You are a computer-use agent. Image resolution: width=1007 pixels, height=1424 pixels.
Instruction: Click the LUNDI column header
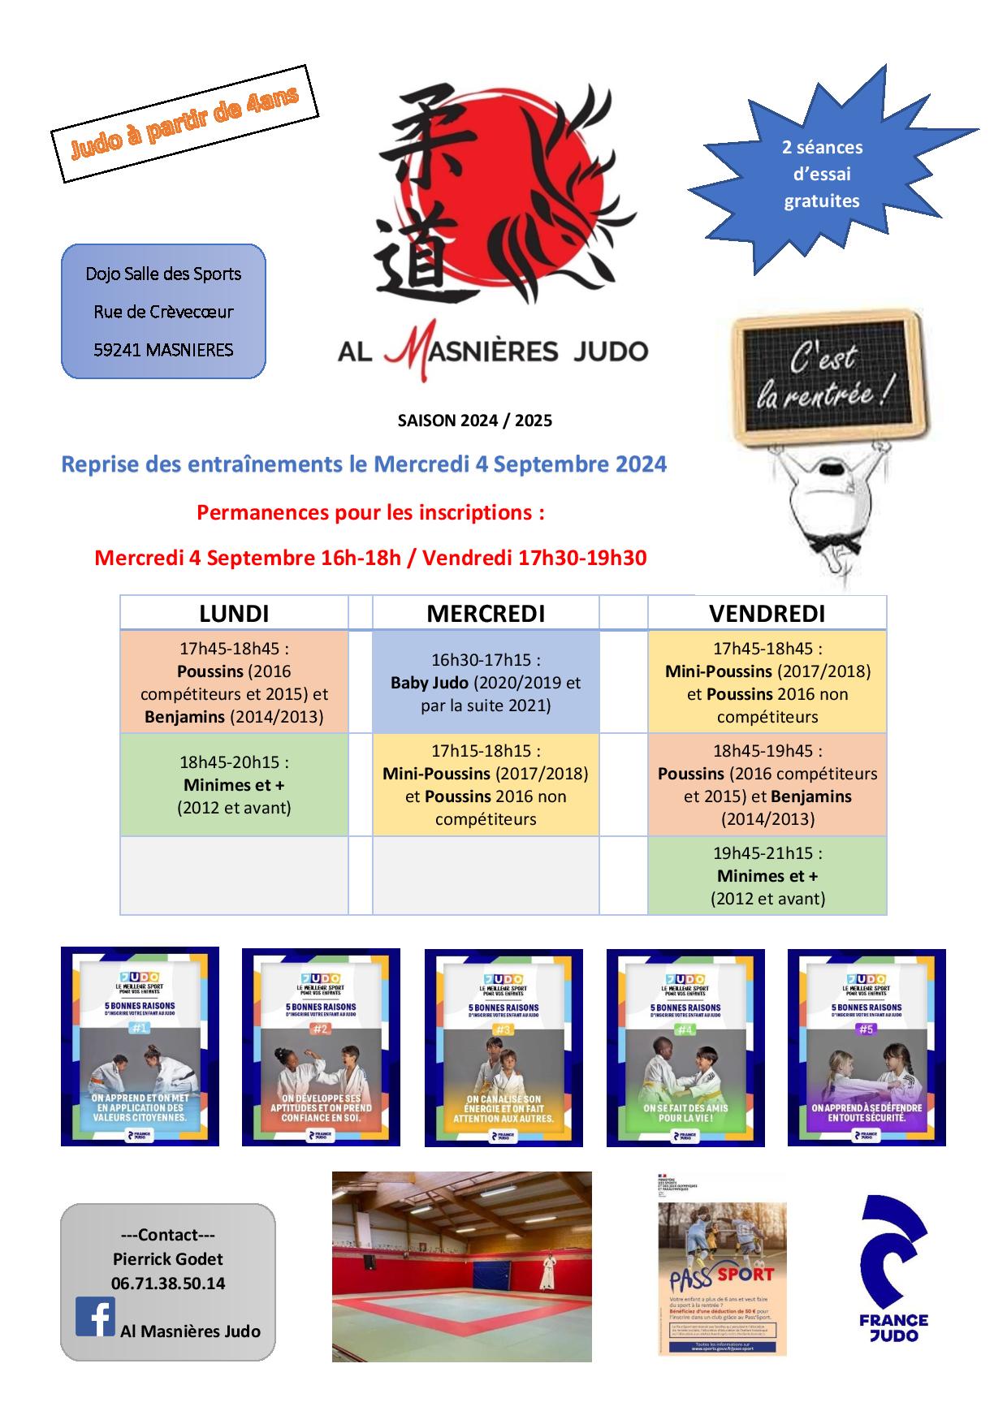coord(234,613)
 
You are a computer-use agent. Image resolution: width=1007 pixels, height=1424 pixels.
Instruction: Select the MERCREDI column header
coord(486,613)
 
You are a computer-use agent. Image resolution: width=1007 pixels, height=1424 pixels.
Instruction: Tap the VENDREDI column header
coord(767,613)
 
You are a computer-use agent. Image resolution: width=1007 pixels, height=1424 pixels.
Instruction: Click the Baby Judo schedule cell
coord(486,683)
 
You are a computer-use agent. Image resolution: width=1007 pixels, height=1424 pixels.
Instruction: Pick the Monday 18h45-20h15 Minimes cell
coord(234,785)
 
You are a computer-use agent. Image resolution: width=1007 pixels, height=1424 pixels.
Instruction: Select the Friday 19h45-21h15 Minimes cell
coord(767,876)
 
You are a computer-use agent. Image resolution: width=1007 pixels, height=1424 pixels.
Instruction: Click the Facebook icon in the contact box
coord(95,1317)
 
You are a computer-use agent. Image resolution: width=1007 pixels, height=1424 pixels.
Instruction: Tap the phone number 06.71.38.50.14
coord(168,1284)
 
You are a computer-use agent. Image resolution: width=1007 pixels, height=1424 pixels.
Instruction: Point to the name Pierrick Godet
coord(168,1259)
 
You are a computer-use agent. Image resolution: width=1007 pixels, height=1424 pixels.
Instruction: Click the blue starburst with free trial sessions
coord(822,174)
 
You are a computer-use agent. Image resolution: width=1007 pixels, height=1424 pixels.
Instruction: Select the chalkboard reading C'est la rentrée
coord(827,376)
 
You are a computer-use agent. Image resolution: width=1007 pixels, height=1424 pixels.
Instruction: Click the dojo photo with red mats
coord(461,1266)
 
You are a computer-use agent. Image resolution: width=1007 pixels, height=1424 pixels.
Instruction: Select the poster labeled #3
coord(503,1046)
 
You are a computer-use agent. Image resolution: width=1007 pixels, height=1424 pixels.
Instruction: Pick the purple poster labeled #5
coord(867,1046)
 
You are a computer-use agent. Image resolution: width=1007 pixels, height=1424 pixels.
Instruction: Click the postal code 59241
coord(117,350)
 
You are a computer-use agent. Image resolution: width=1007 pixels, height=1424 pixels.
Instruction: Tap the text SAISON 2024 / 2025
coord(474,421)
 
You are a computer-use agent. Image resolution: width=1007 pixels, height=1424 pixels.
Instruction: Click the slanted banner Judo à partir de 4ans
coord(184,123)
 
